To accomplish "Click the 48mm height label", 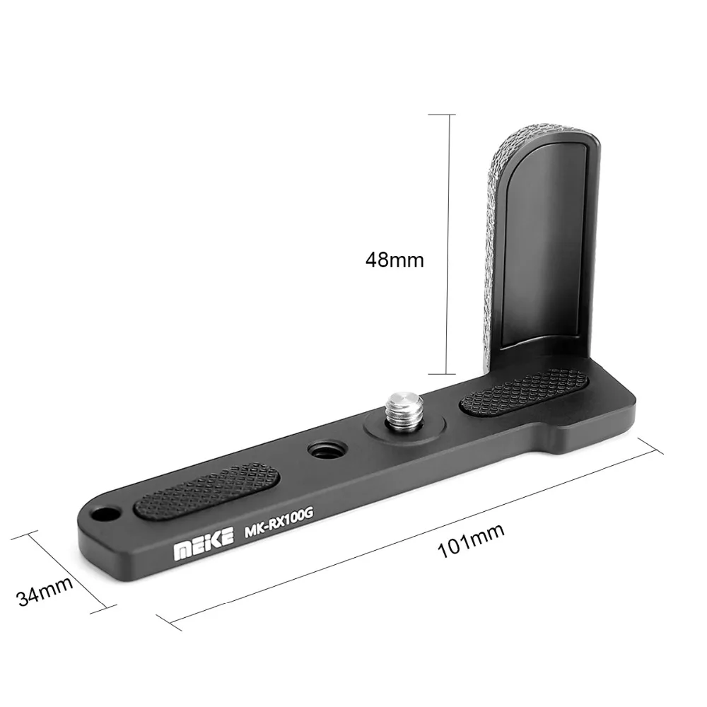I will (394, 259).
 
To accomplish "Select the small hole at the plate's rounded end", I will (105, 510).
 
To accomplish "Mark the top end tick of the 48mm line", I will (448, 114).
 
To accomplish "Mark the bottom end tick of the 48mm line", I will (448, 375).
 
